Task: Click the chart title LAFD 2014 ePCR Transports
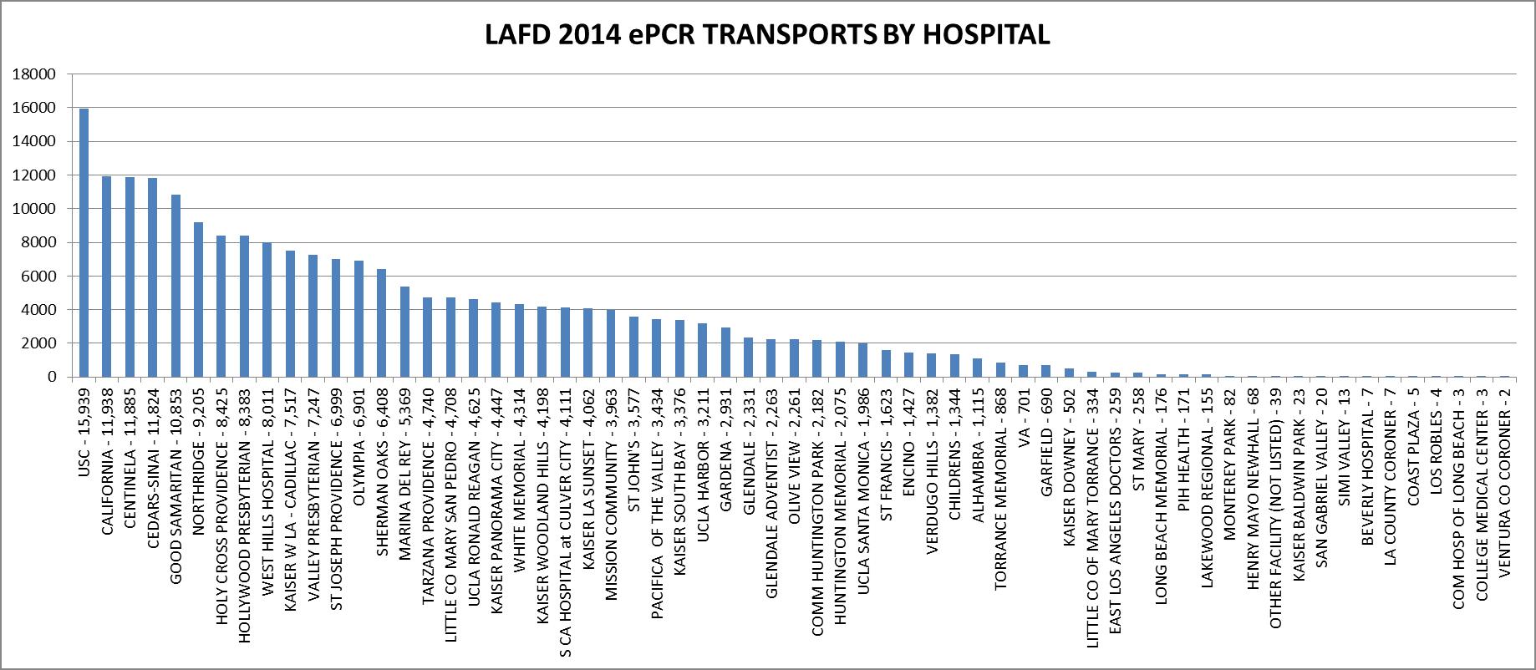click(767, 35)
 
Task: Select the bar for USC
click(84, 242)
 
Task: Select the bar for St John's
click(633, 347)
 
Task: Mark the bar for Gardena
click(725, 352)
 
